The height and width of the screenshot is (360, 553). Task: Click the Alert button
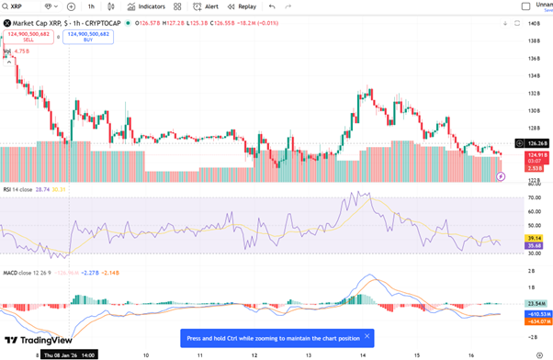206,6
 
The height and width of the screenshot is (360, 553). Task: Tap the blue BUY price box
88,36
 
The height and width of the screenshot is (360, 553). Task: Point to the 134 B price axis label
534,59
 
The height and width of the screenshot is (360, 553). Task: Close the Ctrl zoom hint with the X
367,336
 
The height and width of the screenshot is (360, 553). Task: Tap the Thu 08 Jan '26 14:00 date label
69,354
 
